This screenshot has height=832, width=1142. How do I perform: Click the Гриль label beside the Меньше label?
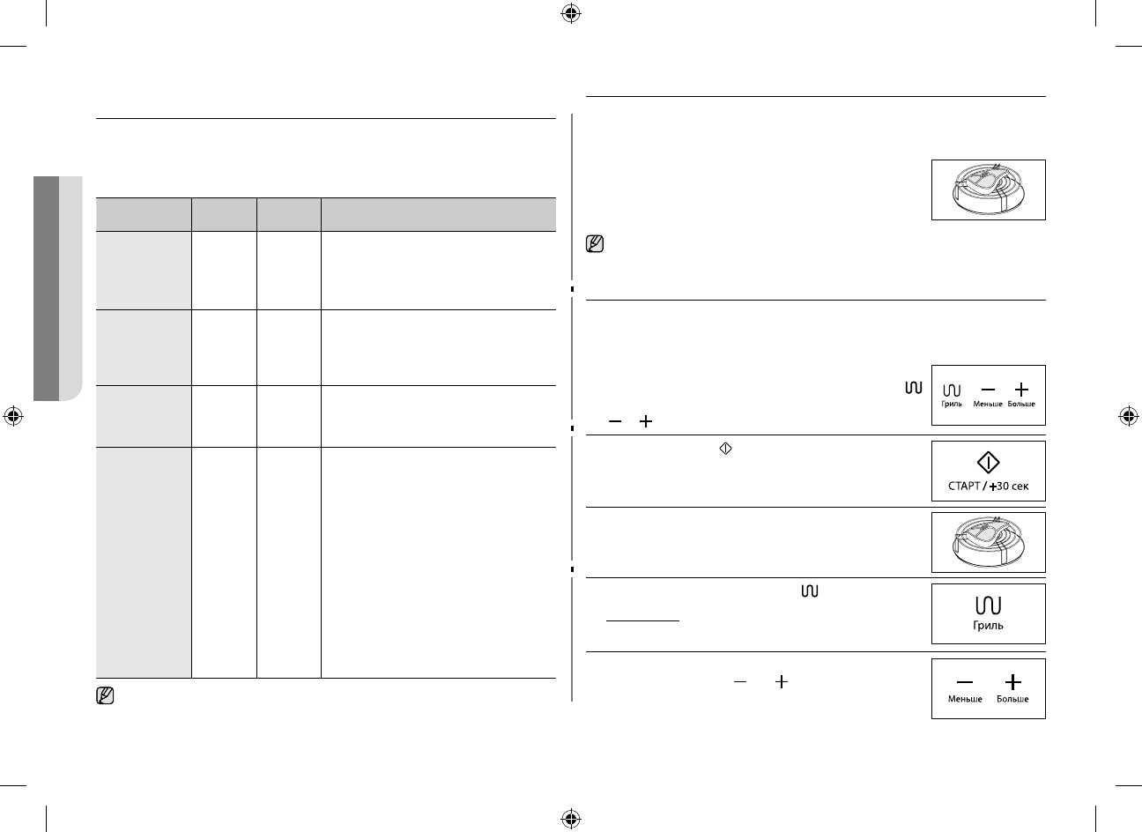point(952,405)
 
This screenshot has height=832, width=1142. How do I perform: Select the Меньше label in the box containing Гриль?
point(988,405)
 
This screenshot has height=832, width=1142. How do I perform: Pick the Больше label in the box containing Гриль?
point(1022,405)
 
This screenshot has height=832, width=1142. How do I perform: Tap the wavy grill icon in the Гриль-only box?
point(989,605)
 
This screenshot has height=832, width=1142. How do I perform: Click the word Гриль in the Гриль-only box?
point(989,626)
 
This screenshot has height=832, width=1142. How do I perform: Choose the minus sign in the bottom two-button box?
point(965,681)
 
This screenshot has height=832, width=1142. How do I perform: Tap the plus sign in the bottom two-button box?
point(1012,681)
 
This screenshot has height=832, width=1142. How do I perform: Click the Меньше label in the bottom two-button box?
point(965,699)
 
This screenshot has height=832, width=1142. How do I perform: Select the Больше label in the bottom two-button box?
point(1012,699)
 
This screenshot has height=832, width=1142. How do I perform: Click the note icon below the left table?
point(104,696)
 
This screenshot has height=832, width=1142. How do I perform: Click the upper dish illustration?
point(989,189)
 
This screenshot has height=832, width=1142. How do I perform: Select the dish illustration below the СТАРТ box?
point(989,542)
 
